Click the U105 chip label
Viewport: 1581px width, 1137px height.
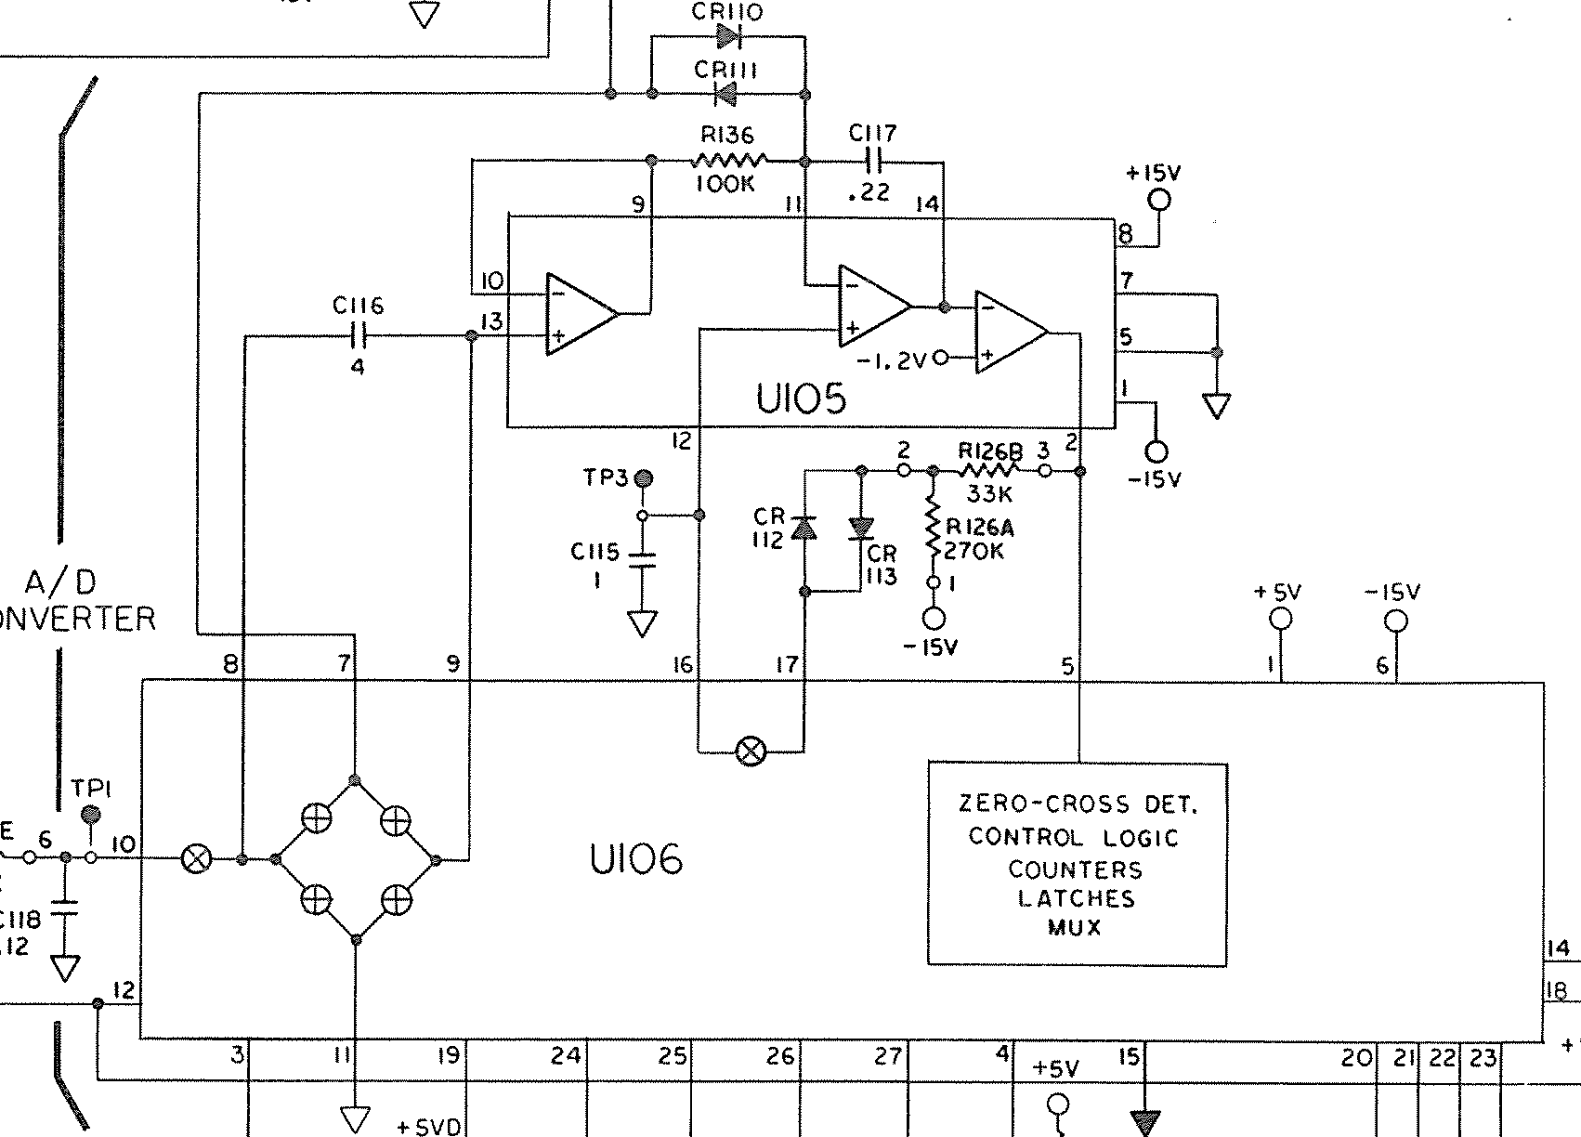tap(801, 399)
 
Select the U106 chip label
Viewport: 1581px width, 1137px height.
tap(636, 859)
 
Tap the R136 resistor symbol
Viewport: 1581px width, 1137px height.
tap(730, 161)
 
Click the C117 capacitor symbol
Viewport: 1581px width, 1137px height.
tap(873, 162)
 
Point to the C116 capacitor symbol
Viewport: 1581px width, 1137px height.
tap(358, 336)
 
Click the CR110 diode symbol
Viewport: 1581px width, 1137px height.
tap(727, 36)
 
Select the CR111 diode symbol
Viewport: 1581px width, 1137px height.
tap(725, 94)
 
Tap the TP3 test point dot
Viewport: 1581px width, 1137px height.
tap(643, 479)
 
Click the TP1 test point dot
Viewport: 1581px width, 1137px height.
tap(91, 816)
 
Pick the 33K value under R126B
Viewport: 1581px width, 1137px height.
tap(989, 494)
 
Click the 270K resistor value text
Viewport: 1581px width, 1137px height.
tap(973, 551)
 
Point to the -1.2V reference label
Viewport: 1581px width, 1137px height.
tap(891, 360)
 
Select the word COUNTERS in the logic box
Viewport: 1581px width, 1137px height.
tap(1075, 869)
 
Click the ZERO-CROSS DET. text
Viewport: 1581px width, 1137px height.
tap(1077, 804)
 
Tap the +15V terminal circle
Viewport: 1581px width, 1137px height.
tap(1159, 200)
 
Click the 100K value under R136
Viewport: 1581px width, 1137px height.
tap(725, 184)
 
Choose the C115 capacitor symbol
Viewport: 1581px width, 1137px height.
tap(642, 560)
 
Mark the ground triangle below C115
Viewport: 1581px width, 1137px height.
tap(642, 623)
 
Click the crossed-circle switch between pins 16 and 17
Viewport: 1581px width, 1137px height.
tap(751, 751)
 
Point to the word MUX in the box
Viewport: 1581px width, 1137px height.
tap(1074, 927)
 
